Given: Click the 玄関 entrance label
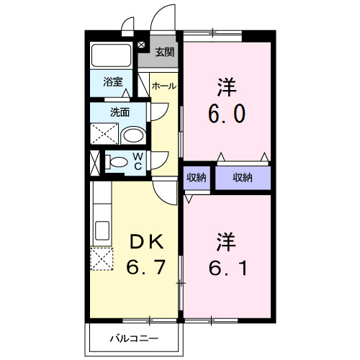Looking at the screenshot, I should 165,52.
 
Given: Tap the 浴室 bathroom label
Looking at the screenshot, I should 112,82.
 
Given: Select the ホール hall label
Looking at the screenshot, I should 164,86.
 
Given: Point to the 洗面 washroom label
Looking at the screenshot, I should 120,112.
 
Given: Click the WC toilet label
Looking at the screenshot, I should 137,161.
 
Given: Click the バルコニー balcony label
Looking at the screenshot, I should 134,336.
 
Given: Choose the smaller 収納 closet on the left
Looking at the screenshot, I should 196,178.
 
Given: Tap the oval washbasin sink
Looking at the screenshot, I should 132,135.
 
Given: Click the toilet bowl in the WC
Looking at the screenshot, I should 114,162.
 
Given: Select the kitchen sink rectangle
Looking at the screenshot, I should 100,231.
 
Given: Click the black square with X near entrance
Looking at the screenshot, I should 141,45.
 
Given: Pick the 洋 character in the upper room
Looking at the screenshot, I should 228,84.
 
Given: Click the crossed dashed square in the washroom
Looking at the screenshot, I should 104,134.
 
